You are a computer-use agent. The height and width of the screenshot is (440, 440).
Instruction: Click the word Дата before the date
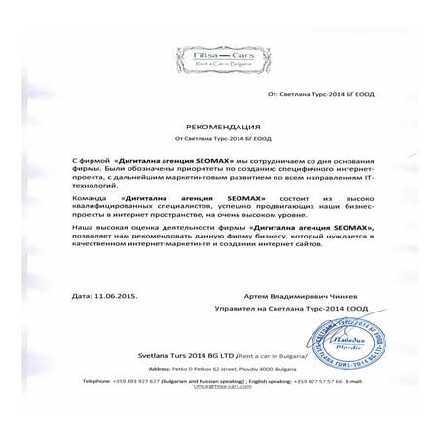coord(86,293)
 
